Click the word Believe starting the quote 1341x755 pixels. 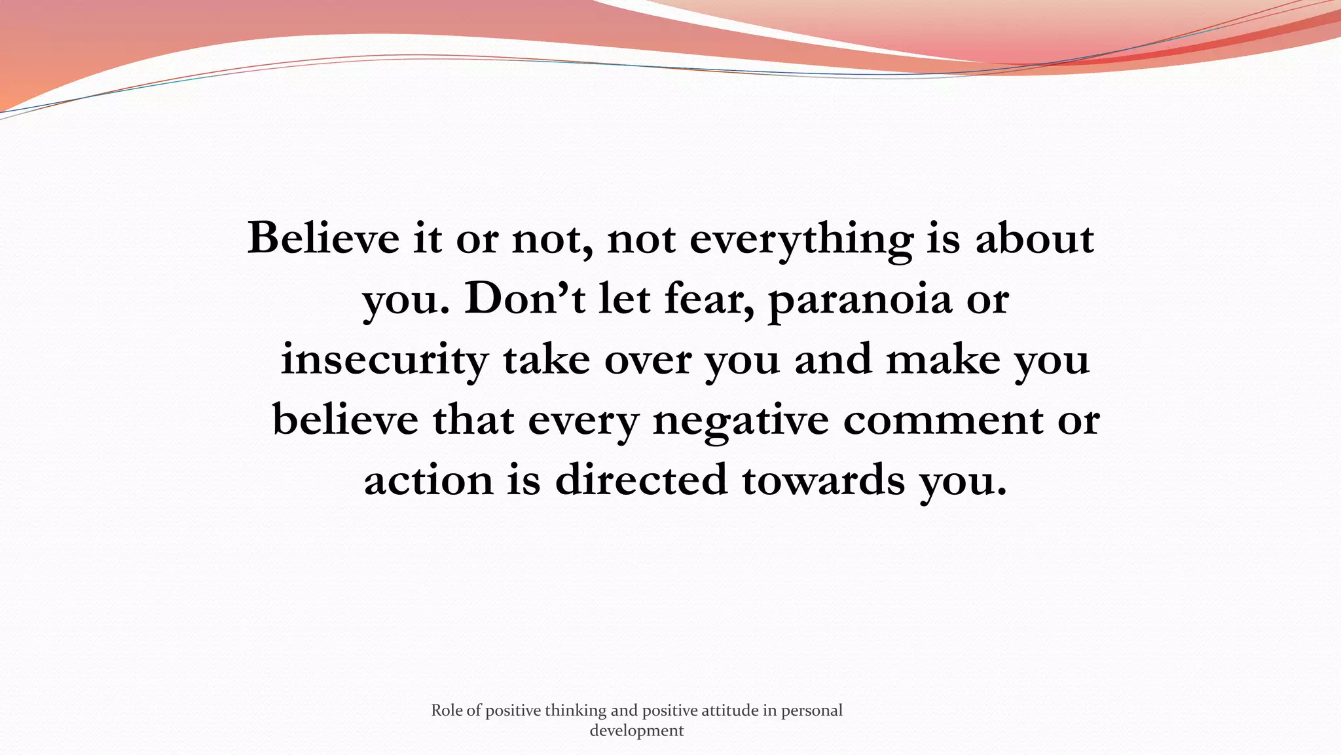[323, 238]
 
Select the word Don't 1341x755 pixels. [524, 299]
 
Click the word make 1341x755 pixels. [943, 360]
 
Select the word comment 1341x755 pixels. [943, 420]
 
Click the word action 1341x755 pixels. [428, 480]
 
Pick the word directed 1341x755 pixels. [641, 480]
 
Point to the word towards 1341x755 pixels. [823, 480]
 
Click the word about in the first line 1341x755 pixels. [1035, 238]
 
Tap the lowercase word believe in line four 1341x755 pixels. [345, 419]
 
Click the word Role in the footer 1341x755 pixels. [447, 710]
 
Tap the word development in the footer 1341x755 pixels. [636, 731]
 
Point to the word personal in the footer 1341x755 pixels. [811, 711]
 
